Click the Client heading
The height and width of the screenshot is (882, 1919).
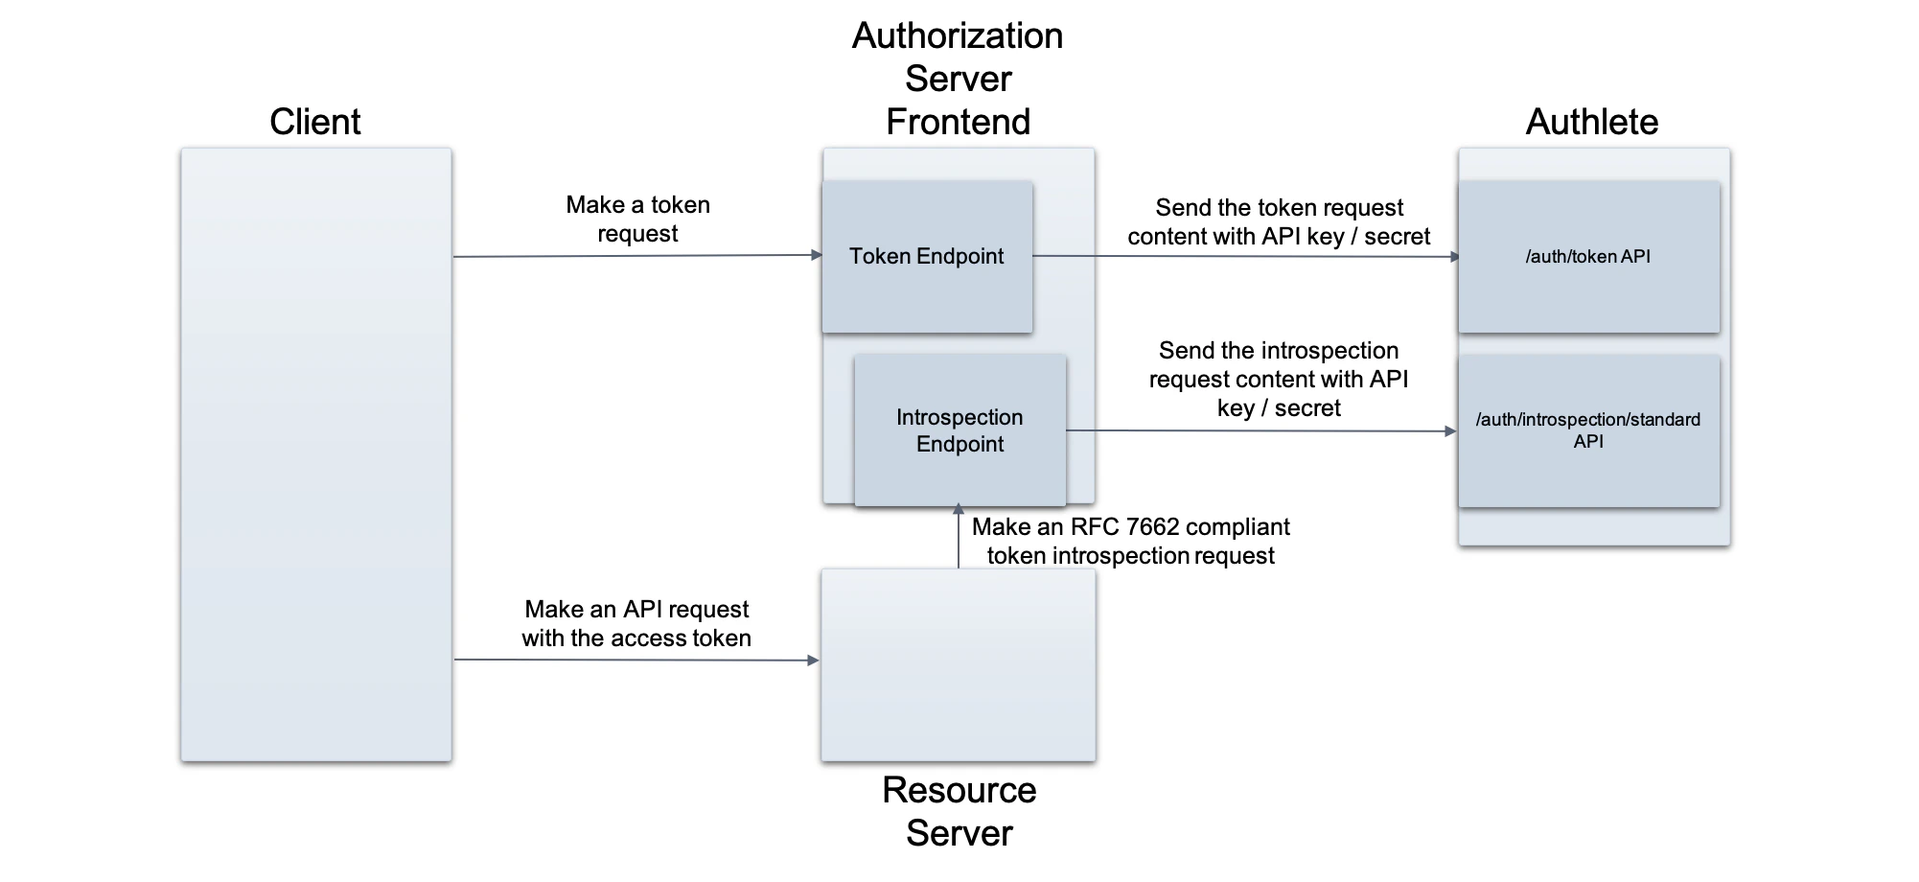click(x=314, y=122)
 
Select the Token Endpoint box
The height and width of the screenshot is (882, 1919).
click(x=926, y=257)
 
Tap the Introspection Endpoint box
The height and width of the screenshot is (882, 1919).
click(x=959, y=430)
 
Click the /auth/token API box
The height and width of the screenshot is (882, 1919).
click(x=1588, y=257)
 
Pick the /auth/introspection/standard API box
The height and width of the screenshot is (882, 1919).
click(x=1588, y=430)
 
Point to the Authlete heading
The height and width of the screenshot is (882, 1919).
click(x=1591, y=122)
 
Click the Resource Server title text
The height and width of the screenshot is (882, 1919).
click(x=959, y=811)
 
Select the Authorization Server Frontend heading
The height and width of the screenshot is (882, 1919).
click(x=958, y=79)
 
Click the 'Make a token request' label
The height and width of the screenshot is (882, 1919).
click(x=637, y=219)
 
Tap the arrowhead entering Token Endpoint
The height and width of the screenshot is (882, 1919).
click(x=817, y=255)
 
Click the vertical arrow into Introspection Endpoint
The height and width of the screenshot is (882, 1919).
click(x=958, y=537)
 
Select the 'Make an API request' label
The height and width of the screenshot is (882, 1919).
click(x=636, y=623)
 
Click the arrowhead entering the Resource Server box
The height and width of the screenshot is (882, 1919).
click(x=813, y=661)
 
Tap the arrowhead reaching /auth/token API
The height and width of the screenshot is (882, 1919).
click(x=1454, y=257)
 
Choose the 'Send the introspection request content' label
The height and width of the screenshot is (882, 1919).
click(x=1279, y=379)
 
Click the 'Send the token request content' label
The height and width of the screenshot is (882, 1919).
click(x=1279, y=221)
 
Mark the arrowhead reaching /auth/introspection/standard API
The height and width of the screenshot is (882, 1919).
click(x=1450, y=431)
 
